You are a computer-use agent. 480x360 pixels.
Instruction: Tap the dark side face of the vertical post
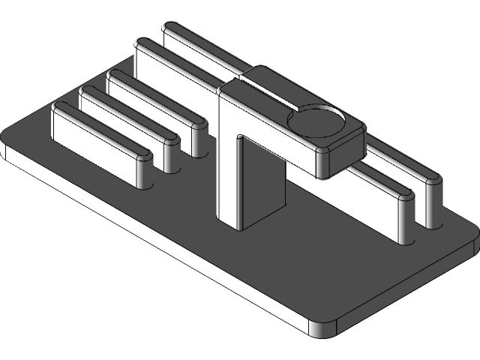(262, 184)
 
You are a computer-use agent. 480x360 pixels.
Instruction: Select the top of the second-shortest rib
(127, 112)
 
